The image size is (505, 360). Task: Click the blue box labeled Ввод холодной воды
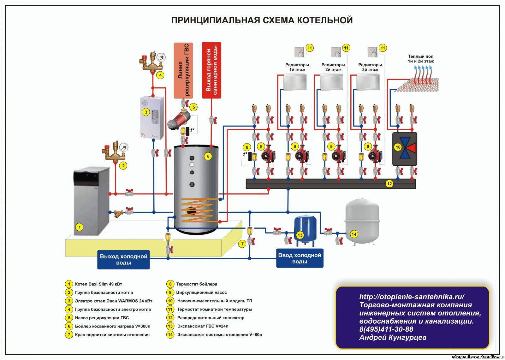point(300,258)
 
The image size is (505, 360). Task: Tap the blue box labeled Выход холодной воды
point(123,260)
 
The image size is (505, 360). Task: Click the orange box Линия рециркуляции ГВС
point(183,70)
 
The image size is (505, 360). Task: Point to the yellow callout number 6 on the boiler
point(208,156)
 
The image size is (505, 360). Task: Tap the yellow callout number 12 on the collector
point(389,184)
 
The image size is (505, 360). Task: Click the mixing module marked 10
point(405,149)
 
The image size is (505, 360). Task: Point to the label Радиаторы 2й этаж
point(333,67)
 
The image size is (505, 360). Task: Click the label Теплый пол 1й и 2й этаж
point(420,59)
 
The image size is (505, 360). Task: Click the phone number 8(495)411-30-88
point(386,329)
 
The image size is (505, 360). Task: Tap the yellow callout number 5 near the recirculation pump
point(193,107)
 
